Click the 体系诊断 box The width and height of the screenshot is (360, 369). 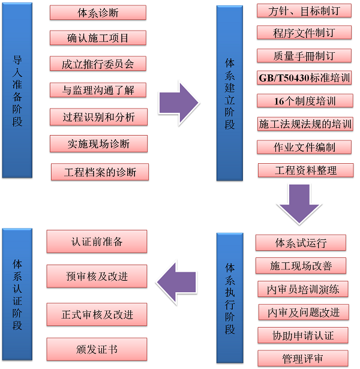pyautogui.click(x=98, y=13)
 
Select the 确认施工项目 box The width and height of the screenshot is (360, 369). pyautogui.click(x=98, y=38)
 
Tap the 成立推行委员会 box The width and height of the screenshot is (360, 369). pyautogui.click(x=98, y=64)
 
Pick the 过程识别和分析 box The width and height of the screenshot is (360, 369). pyautogui.click(x=99, y=116)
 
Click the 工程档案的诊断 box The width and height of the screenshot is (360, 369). pyautogui.click(x=100, y=172)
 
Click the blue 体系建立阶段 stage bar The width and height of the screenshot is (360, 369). pyautogui.click(x=230, y=93)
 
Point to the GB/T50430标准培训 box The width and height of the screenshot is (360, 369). pyautogui.click(x=304, y=78)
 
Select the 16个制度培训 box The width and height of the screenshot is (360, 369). pyautogui.click(x=304, y=100)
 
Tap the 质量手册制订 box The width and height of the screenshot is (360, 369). pyautogui.click(x=304, y=56)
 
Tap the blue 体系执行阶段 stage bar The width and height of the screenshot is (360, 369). pyautogui.click(x=230, y=298)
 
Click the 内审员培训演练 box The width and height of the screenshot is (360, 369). pyautogui.click(x=303, y=289)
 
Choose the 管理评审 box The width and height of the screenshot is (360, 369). pyautogui.click(x=303, y=358)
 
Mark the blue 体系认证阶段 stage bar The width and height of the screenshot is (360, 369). pyautogui.click(x=17, y=294)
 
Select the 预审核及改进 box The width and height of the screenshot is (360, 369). pyautogui.click(x=97, y=277)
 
